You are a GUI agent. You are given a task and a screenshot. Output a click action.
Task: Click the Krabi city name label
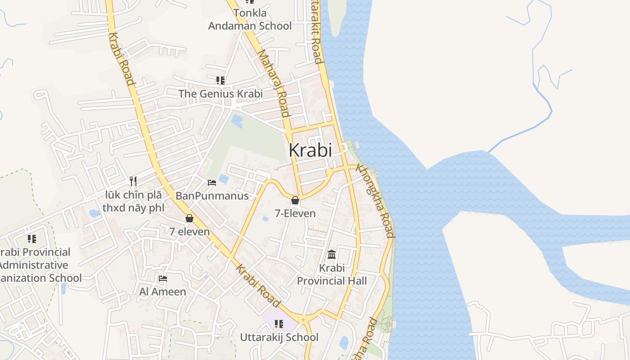310,150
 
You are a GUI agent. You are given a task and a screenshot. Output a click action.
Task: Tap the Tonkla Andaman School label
250,19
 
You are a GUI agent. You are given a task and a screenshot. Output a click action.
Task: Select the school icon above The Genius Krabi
220,81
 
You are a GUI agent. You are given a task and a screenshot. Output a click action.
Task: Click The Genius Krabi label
220,94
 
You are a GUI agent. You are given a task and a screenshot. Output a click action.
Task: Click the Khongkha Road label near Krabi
375,201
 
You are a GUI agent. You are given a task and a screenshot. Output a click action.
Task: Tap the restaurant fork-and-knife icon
133,181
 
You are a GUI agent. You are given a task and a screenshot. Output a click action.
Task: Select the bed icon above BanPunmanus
212,182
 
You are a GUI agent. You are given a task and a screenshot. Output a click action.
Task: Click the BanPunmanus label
212,196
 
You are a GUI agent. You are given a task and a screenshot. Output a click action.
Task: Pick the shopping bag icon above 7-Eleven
295,200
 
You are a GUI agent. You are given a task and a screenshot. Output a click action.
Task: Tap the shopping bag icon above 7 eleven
189,218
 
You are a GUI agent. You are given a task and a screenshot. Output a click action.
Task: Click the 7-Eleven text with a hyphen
295,213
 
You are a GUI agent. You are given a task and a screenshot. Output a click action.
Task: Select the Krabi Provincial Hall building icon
332,255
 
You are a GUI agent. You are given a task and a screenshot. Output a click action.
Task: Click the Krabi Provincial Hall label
332,274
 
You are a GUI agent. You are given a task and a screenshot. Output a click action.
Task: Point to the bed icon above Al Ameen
163,279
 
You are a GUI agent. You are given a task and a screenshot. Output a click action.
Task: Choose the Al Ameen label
162,292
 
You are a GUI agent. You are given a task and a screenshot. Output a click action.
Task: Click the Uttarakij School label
279,337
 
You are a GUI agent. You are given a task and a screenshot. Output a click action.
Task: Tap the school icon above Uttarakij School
279,324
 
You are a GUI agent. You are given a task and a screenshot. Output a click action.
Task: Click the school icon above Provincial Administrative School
31,238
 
